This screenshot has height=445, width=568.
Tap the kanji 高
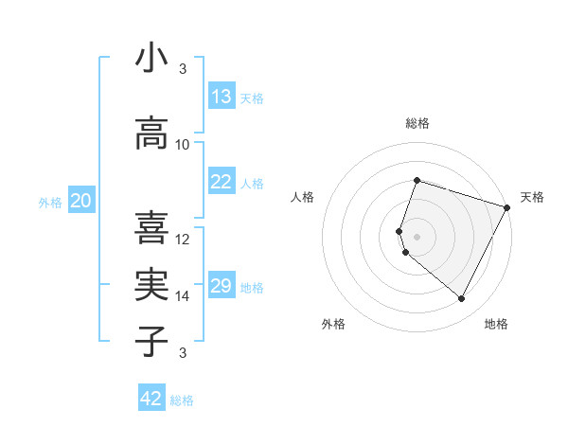coord(151,133)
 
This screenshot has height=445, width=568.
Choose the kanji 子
coord(151,342)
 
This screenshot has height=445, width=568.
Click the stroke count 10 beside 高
coord(183,144)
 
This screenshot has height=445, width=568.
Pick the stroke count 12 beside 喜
coord(183,239)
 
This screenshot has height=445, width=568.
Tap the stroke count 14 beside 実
coord(183,295)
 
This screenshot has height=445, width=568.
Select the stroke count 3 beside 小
coord(183,69)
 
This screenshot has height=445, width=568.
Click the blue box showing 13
coord(221,97)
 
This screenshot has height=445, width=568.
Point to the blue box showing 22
coord(221,182)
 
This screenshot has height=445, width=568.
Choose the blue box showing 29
coord(221,286)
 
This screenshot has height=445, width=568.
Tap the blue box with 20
coord(81,201)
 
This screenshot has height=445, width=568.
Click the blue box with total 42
coord(151,399)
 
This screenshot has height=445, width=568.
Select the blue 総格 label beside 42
coord(182,400)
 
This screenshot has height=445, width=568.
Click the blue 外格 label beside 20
coord(50,202)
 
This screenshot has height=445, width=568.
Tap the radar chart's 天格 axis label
coord(532,197)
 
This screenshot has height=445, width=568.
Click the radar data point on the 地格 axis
coord(462,299)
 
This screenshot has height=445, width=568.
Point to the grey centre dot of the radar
coord(417,236)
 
